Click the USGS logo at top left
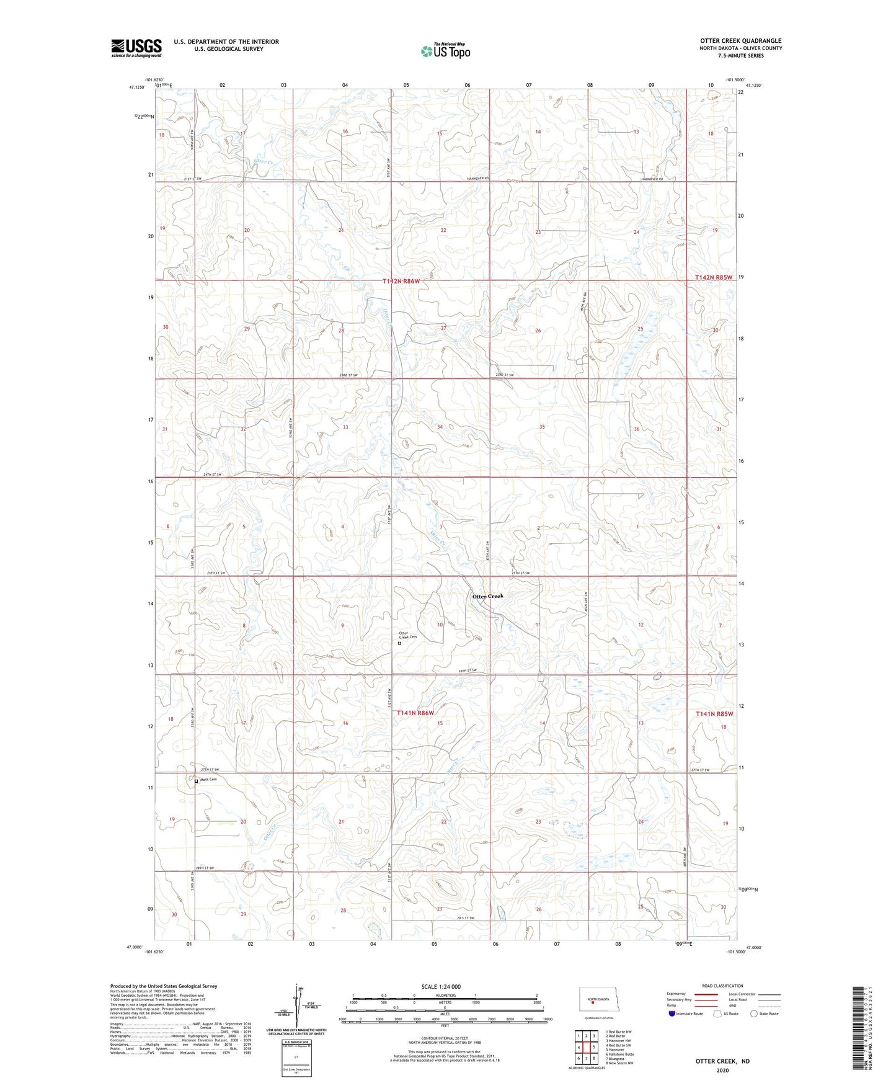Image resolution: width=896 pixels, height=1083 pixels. tap(136, 48)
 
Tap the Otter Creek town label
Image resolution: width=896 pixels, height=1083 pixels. tap(488, 596)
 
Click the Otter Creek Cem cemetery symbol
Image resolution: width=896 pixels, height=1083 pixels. tap(399, 643)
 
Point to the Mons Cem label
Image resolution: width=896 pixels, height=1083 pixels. tap(208, 780)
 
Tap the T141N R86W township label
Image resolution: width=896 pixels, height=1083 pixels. tap(415, 713)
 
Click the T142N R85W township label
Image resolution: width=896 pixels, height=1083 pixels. tap(714, 278)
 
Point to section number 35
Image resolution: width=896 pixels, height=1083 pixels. tap(542, 427)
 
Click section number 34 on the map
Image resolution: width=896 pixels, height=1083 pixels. tap(440, 427)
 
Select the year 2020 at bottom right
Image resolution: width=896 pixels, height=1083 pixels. tap(722, 1070)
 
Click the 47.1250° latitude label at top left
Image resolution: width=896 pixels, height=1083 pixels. tap(136, 87)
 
